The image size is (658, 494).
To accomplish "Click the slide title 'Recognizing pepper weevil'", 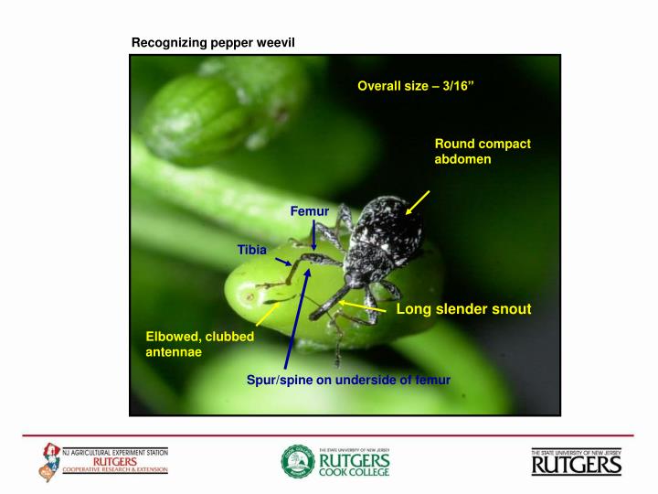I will [x=213, y=42].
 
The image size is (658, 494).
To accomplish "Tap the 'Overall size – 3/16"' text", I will [x=417, y=86].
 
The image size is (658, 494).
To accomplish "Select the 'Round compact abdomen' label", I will [x=483, y=152].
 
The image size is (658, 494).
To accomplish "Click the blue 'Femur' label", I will [x=309, y=212].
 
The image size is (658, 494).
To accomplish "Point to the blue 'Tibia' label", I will [x=252, y=249].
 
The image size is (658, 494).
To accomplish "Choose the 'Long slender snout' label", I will [x=463, y=310].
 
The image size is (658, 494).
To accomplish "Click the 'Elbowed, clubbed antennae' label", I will [x=199, y=344].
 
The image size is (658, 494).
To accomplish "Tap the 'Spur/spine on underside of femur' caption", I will [x=348, y=380].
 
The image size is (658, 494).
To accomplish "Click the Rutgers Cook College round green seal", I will [x=297, y=461].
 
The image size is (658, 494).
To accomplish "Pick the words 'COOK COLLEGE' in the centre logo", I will [x=354, y=473].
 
